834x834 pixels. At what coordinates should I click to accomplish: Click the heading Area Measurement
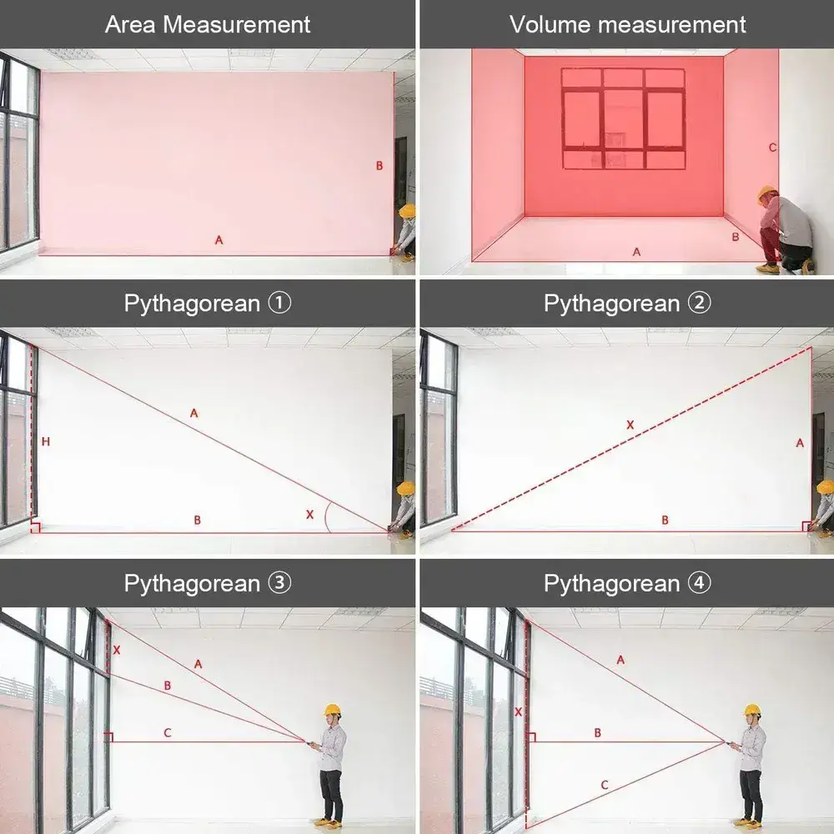click(x=208, y=24)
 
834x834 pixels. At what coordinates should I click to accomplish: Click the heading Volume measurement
click(x=628, y=24)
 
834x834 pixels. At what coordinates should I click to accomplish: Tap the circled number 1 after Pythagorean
click(x=279, y=304)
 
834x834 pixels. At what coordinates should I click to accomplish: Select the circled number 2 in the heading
click(x=700, y=304)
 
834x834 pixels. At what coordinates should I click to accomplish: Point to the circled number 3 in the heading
click(x=279, y=583)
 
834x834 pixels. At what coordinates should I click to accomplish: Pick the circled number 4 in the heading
click(x=700, y=583)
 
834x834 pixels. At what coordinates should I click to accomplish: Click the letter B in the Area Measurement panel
click(x=379, y=165)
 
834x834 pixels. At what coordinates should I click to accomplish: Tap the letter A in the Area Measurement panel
click(x=219, y=240)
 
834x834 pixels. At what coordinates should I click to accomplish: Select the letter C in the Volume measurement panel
click(x=773, y=148)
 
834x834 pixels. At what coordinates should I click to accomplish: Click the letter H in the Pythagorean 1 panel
click(x=46, y=441)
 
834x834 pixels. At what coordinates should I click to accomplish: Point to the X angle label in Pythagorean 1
click(x=309, y=515)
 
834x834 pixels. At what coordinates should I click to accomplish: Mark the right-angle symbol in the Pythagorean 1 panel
click(x=35, y=527)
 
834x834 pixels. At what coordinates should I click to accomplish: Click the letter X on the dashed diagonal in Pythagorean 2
click(x=631, y=425)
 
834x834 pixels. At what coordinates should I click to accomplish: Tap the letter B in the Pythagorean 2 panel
click(x=665, y=520)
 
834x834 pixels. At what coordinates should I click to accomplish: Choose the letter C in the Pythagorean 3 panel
click(x=168, y=733)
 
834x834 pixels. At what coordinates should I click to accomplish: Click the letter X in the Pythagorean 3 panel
click(x=117, y=650)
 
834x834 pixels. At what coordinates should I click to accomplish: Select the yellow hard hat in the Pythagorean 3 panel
click(x=333, y=710)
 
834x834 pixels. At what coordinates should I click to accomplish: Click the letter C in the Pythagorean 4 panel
click(x=604, y=785)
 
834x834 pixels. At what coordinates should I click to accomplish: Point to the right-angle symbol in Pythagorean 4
click(x=530, y=736)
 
